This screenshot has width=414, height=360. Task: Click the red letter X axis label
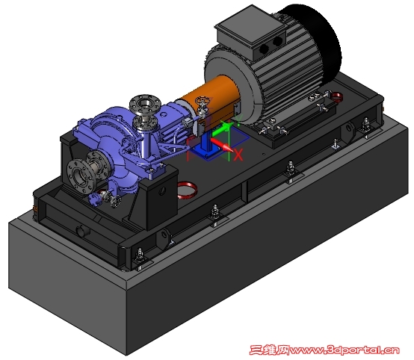(238, 155)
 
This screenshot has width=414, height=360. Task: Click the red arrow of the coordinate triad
(222, 145)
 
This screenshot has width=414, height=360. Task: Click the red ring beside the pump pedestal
(187, 190)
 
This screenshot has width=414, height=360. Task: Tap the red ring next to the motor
(337, 96)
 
